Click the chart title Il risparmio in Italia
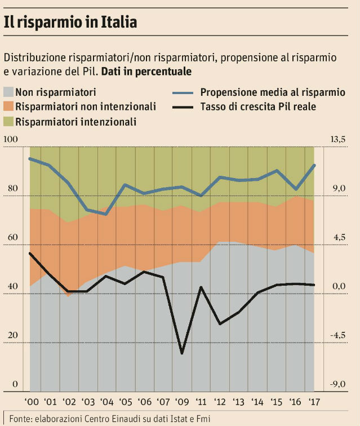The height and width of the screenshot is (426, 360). pos(70,23)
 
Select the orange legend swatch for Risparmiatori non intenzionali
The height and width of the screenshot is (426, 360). pos(9,106)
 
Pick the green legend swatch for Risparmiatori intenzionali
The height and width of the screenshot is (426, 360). pos(9,121)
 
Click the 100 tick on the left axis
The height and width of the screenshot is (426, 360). pos(11,139)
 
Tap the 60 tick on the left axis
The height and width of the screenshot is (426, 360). pos(11,238)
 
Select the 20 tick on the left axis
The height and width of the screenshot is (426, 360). pos(11,336)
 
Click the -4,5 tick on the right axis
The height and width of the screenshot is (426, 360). pos(338,336)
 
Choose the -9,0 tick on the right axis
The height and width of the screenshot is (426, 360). pos(338,385)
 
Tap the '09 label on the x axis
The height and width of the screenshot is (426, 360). pos(181,402)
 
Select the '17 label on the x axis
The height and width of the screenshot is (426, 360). pos(313,402)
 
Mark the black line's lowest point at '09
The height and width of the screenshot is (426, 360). pos(181,353)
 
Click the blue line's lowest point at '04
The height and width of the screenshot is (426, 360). pos(106,214)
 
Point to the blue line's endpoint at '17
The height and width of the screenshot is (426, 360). pos(314,165)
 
